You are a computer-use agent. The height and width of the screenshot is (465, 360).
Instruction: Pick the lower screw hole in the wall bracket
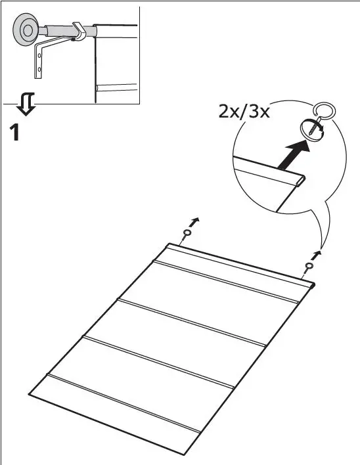[x=39, y=68]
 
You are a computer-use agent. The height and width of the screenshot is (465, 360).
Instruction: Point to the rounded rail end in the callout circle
[x=301, y=178]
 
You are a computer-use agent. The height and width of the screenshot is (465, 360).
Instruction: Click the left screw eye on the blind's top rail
[x=187, y=234]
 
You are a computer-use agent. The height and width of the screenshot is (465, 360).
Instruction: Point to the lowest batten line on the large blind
[x=125, y=404]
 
